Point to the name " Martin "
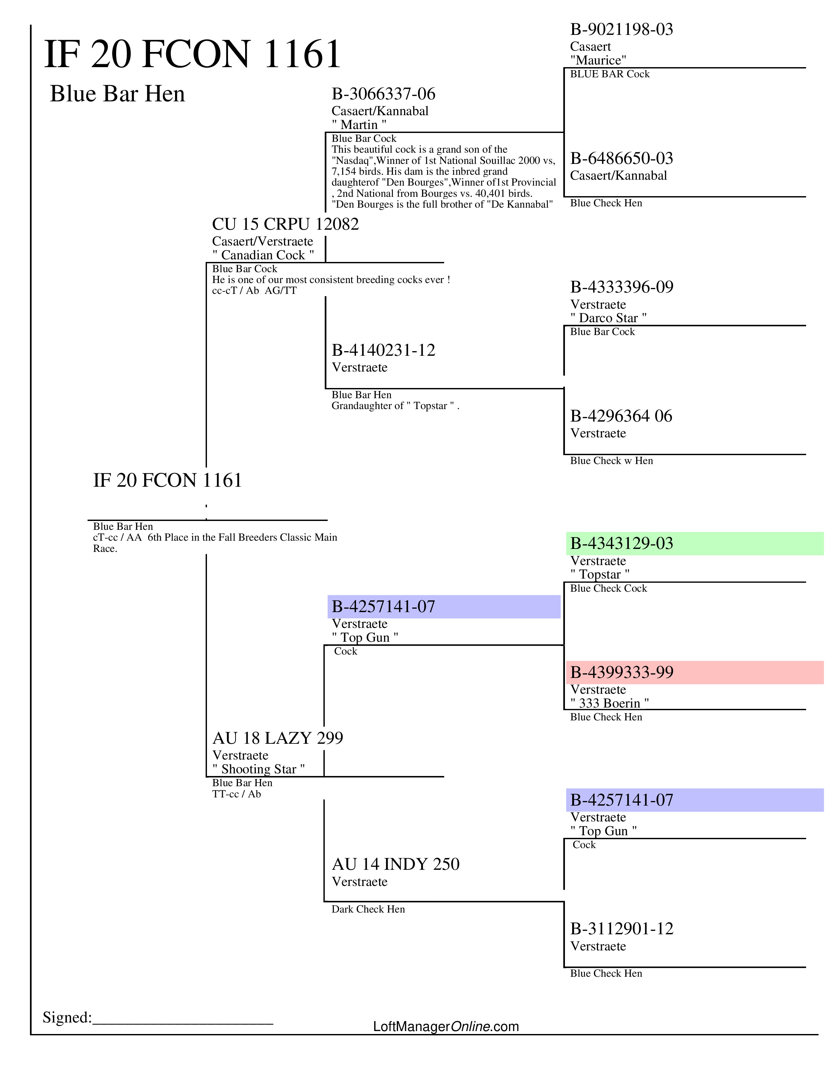(x=359, y=124)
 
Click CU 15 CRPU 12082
(x=285, y=224)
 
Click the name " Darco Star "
(x=608, y=318)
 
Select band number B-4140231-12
(x=383, y=350)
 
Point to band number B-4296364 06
(x=621, y=416)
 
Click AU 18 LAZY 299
(x=277, y=738)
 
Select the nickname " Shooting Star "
(x=259, y=769)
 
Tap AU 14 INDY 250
(x=395, y=864)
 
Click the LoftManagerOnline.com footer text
(x=446, y=1026)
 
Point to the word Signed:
(x=67, y=1017)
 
